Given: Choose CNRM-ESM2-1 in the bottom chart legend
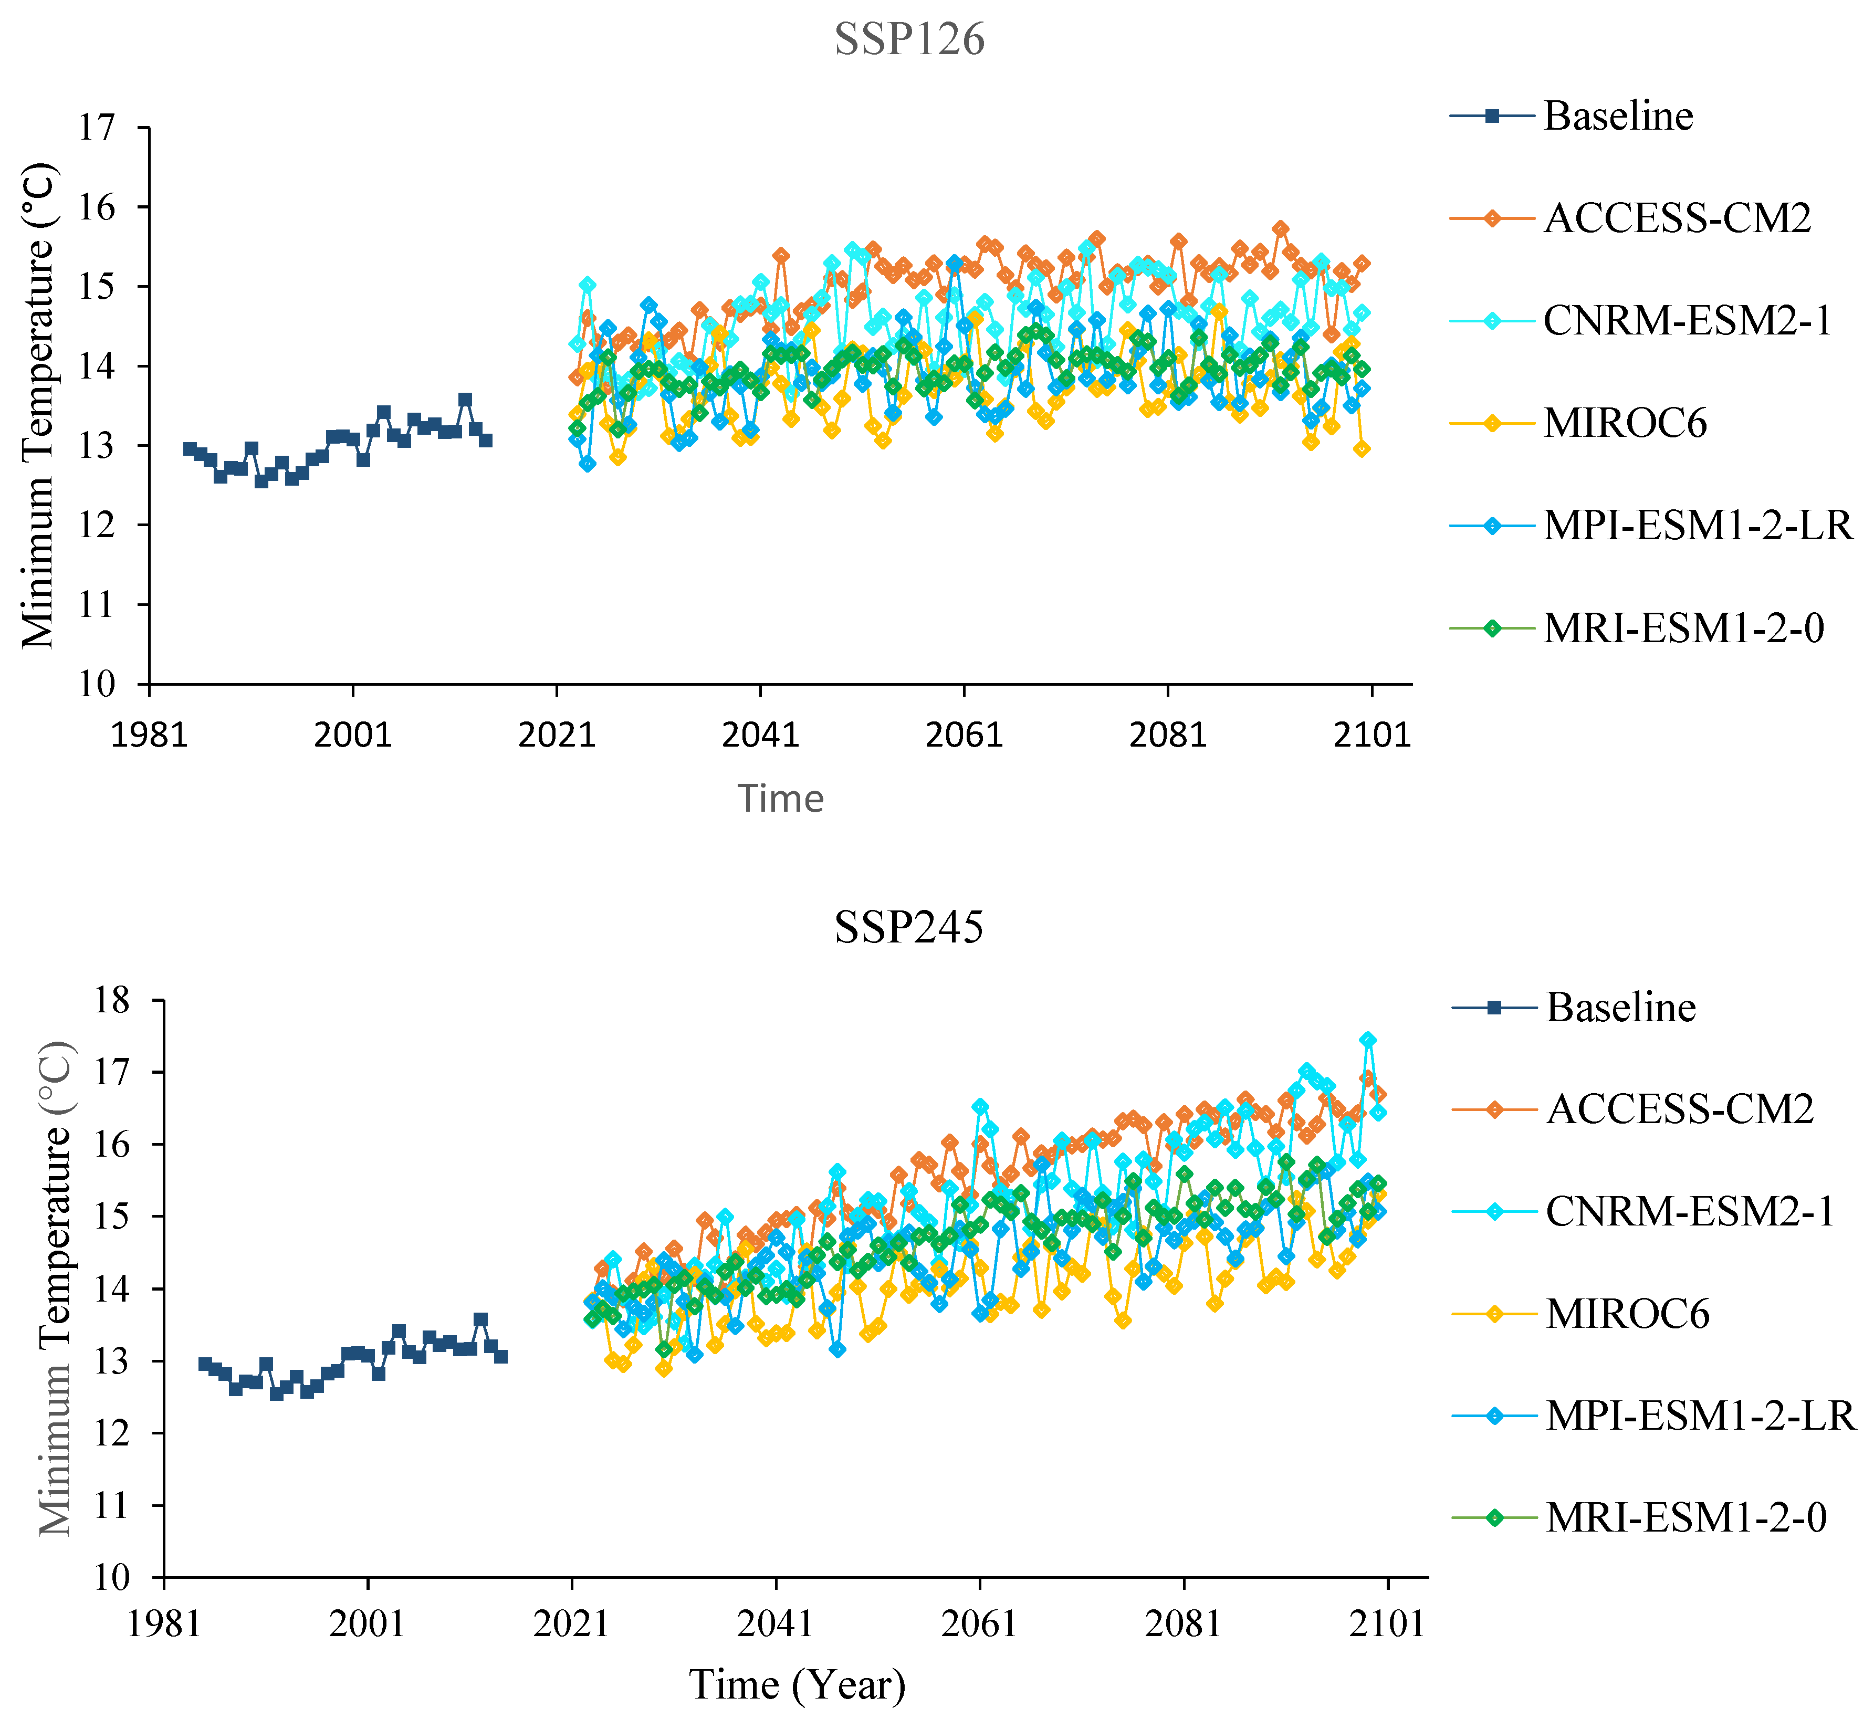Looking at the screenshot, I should coord(1689,1211).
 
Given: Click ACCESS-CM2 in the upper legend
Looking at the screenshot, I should coord(1677,218).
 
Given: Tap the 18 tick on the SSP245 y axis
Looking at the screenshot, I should coord(110,1000).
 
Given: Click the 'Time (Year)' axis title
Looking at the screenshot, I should coord(797,1684).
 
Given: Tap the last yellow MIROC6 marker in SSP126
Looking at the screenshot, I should coord(1362,449).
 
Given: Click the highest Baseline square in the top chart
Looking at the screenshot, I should coord(465,400).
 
